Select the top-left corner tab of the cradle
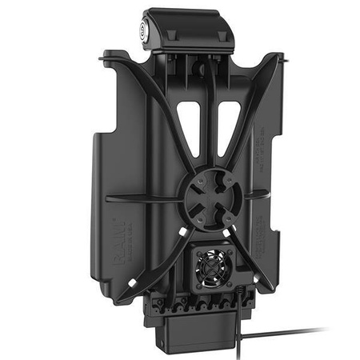click(x=107, y=58)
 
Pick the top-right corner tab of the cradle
click(x=278, y=58)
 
